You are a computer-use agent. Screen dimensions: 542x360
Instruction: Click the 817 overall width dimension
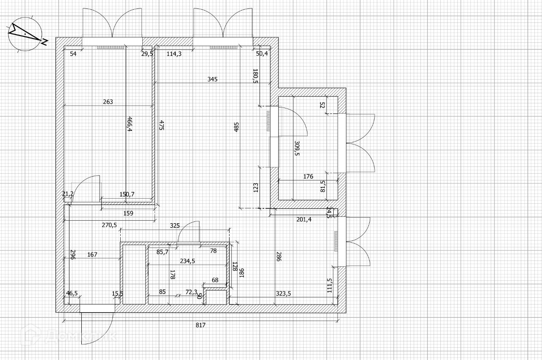point(201,325)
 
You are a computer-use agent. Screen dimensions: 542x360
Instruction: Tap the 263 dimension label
point(108,102)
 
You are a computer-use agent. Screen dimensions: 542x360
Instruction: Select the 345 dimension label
point(213,79)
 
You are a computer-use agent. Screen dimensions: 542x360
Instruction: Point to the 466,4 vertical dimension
point(129,125)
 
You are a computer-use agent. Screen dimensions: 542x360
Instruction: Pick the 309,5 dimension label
point(297,149)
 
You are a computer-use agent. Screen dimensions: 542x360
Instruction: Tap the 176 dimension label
point(309,177)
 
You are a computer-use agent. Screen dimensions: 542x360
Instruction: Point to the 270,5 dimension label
point(109,225)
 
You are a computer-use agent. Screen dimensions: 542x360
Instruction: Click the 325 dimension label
point(174,226)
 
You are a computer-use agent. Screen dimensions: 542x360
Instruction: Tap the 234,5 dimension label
point(187,261)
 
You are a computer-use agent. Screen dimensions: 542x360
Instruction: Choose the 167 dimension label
point(92,255)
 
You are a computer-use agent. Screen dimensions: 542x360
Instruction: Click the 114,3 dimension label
point(174,53)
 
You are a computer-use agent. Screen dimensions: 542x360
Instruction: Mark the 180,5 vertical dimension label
point(255,76)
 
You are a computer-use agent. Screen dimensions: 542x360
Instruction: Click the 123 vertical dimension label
point(256,187)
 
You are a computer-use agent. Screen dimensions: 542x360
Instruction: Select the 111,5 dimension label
point(329,285)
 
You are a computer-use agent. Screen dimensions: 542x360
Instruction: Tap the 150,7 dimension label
point(127,194)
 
